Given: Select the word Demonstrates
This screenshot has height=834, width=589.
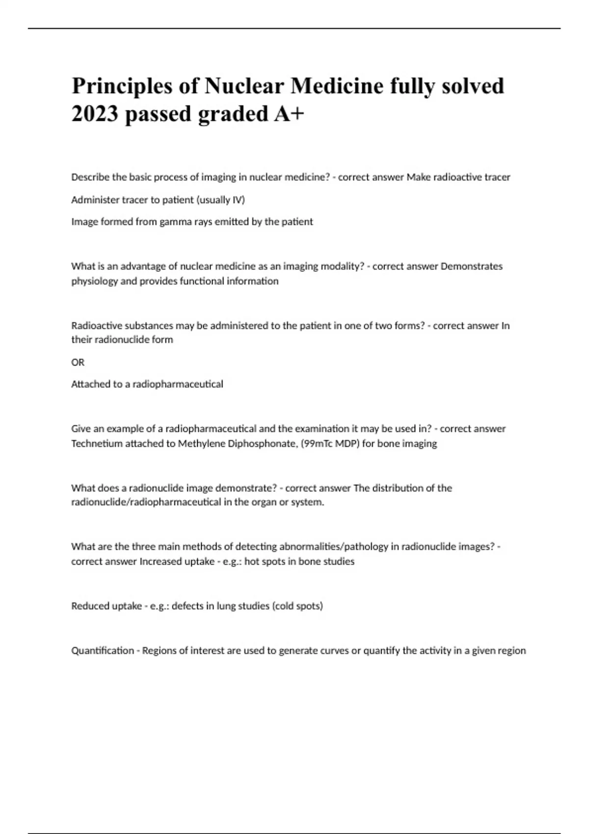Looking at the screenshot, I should click(x=472, y=266).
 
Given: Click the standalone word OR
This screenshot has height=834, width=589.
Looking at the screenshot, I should click(x=78, y=362).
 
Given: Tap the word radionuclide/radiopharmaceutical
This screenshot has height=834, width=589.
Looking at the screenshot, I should click(x=146, y=502).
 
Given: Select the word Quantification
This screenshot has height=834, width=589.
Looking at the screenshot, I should click(x=103, y=651).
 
